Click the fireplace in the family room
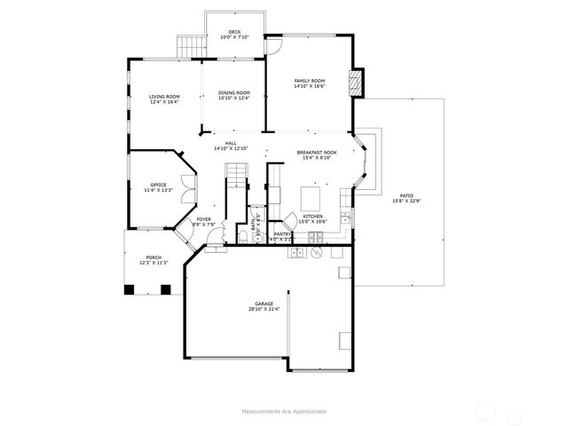pyautogui.click(x=357, y=83)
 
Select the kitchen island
pyautogui.click(x=312, y=195)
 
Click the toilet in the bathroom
pyautogui.click(x=243, y=235)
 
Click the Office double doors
pyautogui.click(x=185, y=187)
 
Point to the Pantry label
pyautogui.click(x=283, y=233)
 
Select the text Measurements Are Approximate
pyautogui.click(x=284, y=411)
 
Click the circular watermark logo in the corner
pyautogui.click(x=487, y=410)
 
